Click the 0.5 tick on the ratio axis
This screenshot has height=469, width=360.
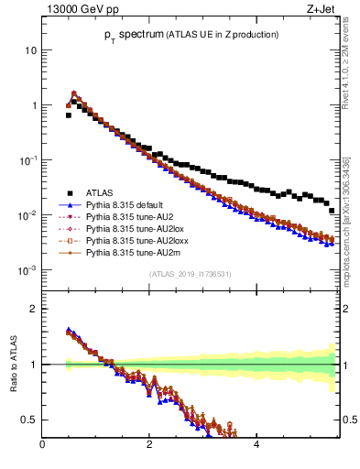(28, 420)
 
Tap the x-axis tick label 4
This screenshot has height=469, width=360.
(256, 446)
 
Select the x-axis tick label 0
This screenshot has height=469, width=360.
(42, 446)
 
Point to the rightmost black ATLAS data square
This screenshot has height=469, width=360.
(332, 212)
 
